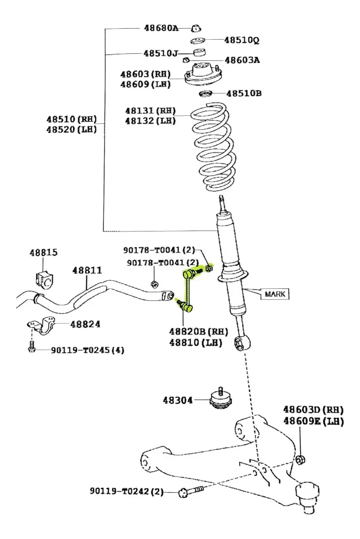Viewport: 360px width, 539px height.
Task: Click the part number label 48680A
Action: (x=161, y=28)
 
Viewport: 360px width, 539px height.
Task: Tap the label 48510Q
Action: (x=242, y=40)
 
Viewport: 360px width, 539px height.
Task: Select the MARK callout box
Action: (x=275, y=294)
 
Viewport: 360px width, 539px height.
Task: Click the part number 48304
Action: (x=178, y=400)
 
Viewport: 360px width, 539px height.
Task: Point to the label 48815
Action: (x=44, y=252)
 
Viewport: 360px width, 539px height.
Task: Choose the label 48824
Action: (x=85, y=324)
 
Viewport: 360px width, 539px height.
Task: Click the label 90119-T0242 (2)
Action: (x=127, y=491)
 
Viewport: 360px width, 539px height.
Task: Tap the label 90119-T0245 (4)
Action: (x=88, y=350)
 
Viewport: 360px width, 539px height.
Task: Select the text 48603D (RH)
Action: (x=313, y=409)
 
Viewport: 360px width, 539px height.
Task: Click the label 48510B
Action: (x=244, y=93)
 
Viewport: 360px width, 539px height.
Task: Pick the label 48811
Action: (x=87, y=270)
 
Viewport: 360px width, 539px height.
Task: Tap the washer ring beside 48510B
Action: (x=206, y=94)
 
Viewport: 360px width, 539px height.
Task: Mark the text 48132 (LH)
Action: (x=150, y=121)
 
